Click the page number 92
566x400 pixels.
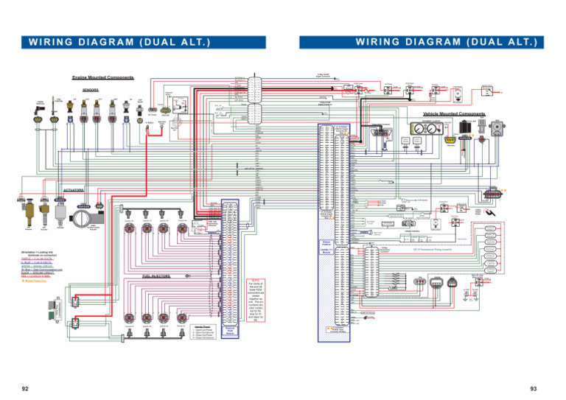26,387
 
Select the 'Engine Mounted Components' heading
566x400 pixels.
102,77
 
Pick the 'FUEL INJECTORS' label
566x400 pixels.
156,276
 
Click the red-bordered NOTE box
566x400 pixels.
253,301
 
